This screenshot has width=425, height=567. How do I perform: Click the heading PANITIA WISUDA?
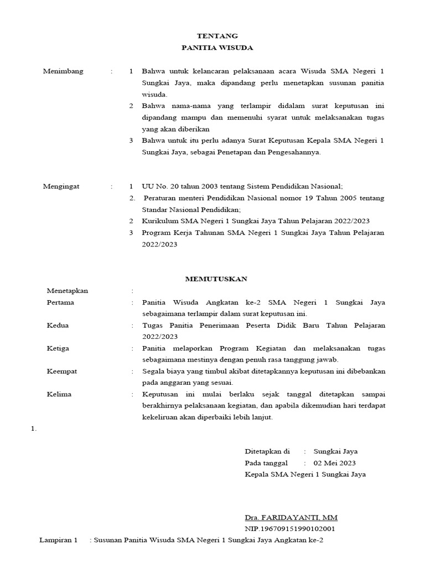point(217,48)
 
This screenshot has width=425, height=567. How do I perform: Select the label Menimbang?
point(63,71)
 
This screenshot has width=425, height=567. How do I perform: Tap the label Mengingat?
point(61,187)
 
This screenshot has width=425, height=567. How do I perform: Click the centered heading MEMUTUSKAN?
point(216,279)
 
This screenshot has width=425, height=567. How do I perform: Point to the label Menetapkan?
point(68,291)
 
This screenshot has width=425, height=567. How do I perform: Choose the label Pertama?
point(61,302)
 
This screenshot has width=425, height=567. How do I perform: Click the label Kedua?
point(58,326)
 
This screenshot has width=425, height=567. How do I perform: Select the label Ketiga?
point(59,348)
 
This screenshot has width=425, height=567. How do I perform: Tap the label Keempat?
point(62,371)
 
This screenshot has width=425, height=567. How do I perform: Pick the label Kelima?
point(60,394)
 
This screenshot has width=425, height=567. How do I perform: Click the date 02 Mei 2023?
point(335,463)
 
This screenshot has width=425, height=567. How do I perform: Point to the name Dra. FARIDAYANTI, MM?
point(291,517)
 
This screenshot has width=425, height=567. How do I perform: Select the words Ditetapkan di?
point(267,451)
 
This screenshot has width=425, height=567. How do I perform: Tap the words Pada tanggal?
point(266,463)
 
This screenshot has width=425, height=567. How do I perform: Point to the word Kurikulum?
point(159,221)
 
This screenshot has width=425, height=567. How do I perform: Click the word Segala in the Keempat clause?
point(153,371)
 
